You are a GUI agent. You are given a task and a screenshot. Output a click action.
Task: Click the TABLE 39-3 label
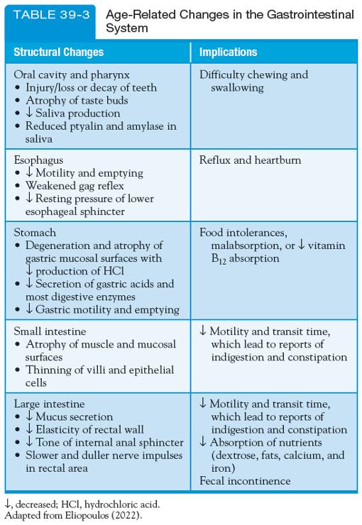click(x=49, y=15)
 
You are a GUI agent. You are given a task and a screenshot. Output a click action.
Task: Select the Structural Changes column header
click(x=58, y=52)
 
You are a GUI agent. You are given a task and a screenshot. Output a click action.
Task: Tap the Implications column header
click(x=228, y=52)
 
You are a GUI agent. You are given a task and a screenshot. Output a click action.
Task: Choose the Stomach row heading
click(x=35, y=232)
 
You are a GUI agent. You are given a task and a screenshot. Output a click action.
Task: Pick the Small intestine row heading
click(x=50, y=331)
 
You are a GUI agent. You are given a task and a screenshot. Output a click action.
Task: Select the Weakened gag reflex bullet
click(x=82, y=186)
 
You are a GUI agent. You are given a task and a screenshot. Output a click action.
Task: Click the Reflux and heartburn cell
click(x=250, y=160)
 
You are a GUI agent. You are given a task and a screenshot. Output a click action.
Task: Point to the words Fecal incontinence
click(x=245, y=481)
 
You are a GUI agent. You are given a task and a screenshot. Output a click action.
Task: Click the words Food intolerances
click(x=243, y=232)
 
